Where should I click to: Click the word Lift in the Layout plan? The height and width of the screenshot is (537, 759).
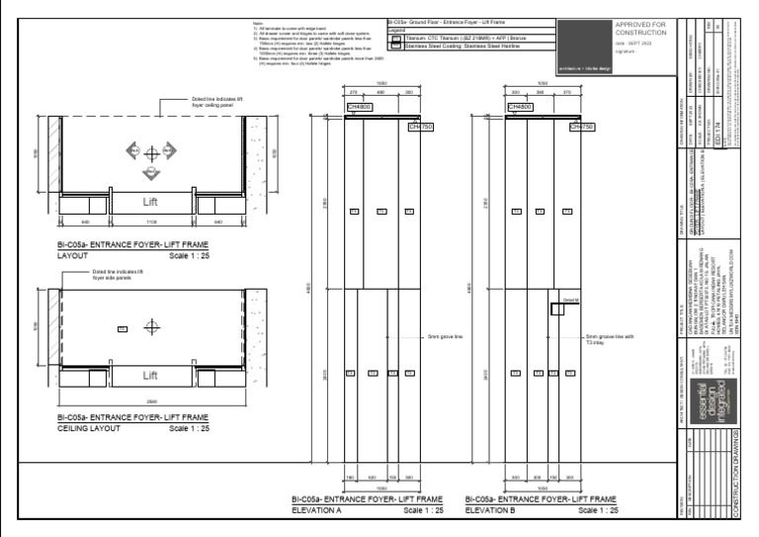pyautogui.click(x=150, y=202)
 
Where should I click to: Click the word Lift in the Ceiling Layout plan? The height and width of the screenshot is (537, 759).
pyautogui.click(x=150, y=376)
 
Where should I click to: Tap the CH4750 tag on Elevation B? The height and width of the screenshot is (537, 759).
pyautogui.click(x=582, y=127)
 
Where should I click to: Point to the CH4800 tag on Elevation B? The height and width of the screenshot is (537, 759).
pyautogui.click(x=520, y=106)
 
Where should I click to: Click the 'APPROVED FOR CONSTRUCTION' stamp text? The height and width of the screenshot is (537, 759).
pyautogui.click(x=641, y=30)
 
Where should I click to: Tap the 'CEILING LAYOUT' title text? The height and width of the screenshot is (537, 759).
pyautogui.click(x=89, y=429)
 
